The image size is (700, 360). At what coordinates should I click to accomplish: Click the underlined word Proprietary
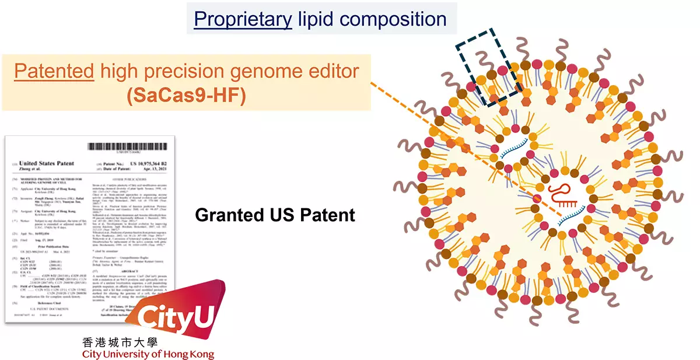click(243, 19)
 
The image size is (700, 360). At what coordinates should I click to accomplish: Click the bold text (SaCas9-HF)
click(186, 95)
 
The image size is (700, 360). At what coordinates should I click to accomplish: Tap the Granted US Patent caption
click(275, 215)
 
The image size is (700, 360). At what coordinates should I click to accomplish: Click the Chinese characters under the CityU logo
click(120, 344)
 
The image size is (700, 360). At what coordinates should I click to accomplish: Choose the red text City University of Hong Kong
click(148, 354)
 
